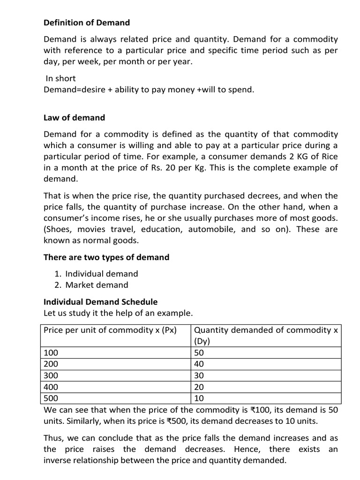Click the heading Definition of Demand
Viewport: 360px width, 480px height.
(87, 22)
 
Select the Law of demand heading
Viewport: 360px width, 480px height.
(74, 118)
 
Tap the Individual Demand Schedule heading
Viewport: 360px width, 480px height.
(100, 302)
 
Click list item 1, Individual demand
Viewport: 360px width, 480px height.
(102, 274)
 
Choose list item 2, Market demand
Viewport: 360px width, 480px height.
(97, 285)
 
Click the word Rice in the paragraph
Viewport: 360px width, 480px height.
(328, 156)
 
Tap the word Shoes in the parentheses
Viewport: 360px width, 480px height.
(58, 229)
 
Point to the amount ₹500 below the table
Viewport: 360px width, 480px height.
(177, 421)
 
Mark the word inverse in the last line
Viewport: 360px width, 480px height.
(58, 461)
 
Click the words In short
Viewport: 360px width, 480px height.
(60, 78)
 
